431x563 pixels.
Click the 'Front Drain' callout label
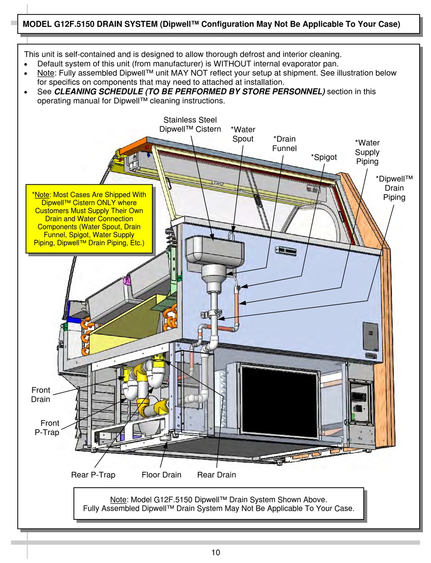pyautogui.click(x=40, y=395)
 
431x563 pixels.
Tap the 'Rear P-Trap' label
pyautogui.click(x=93, y=475)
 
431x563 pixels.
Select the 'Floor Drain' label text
pyautogui.click(x=161, y=475)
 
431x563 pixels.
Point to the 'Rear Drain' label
pyautogui.click(x=216, y=475)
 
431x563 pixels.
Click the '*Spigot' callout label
pyautogui.click(x=323, y=157)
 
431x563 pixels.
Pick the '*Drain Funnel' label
pyautogui.click(x=284, y=143)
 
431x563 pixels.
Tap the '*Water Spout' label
pyautogui.click(x=243, y=134)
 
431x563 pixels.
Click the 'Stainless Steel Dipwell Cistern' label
pyautogui.click(x=190, y=124)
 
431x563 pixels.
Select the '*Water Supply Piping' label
pyautogui.click(x=367, y=152)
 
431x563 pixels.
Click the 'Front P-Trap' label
pyautogui.click(x=47, y=428)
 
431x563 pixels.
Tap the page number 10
pyautogui.click(x=215, y=552)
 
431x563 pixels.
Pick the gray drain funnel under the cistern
pyautogui.click(x=213, y=277)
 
